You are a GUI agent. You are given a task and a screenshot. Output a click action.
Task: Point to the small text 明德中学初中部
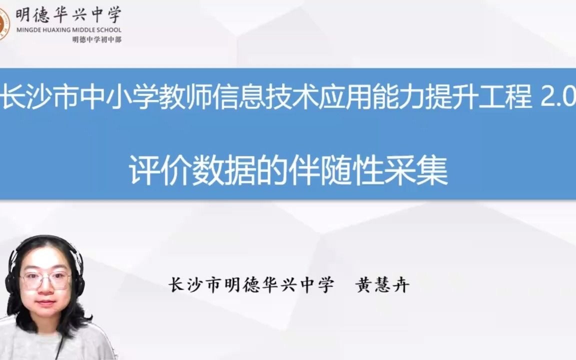[96, 39]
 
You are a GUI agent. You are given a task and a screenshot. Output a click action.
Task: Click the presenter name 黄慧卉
[382, 285]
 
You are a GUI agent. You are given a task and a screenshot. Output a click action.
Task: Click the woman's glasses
[46, 280]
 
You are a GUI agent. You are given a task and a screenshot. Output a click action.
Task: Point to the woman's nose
[46, 291]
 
